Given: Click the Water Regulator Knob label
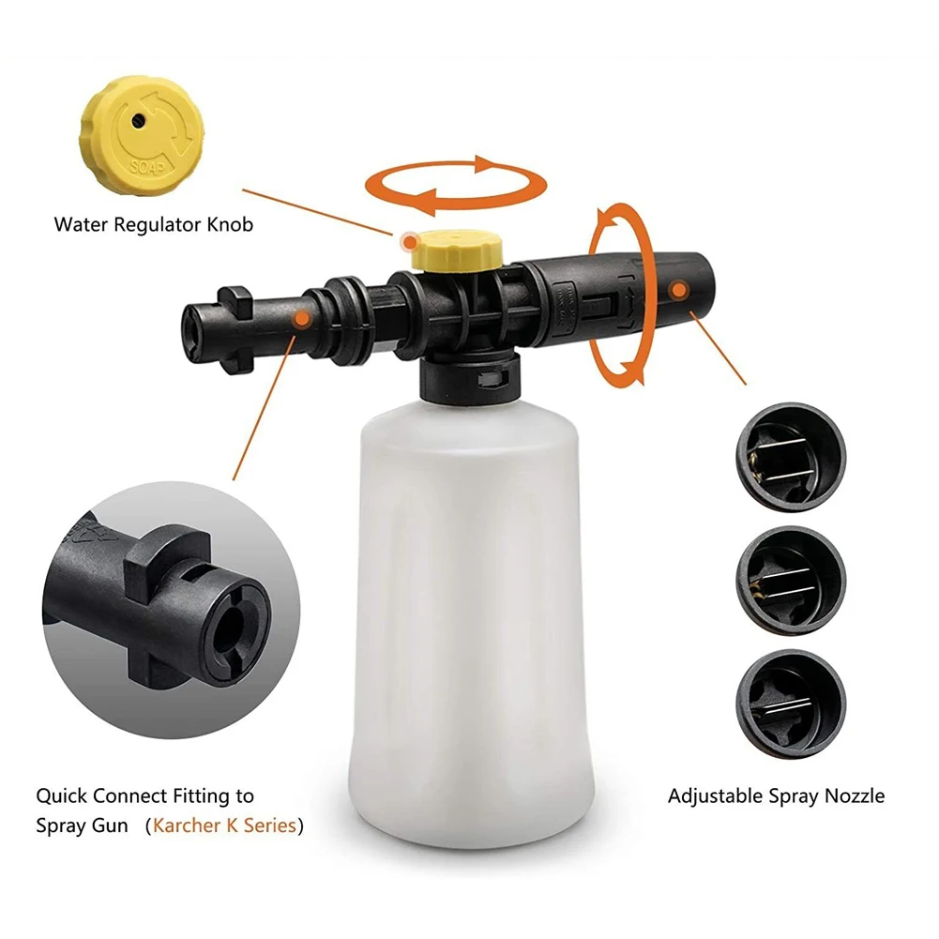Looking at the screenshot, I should (153, 225).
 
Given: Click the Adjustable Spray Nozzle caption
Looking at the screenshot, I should (776, 796).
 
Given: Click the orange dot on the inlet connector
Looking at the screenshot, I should (301, 319).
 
